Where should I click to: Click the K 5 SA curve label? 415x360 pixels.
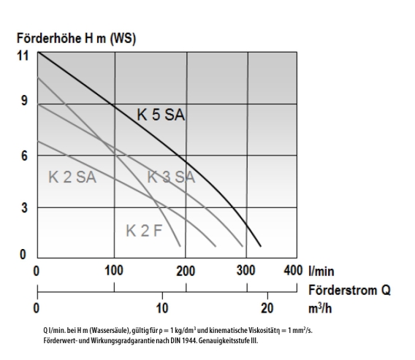[161, 115]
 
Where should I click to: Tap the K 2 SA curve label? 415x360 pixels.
[72, 177]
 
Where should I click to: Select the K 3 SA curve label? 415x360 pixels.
[171, 177]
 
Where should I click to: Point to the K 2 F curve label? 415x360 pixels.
[144, 231]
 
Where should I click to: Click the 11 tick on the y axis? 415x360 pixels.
[23, 55]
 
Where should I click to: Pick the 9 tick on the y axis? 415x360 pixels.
[24, 101]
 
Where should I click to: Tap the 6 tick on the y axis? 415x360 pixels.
[24, 156]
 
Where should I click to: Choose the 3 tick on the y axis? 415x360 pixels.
[24, 207]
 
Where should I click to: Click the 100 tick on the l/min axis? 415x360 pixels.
[114, 271]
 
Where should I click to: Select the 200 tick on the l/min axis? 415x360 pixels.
[186, 271]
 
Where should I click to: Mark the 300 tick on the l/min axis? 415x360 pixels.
[246, 271]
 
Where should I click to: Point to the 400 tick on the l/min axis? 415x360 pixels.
[293, 271]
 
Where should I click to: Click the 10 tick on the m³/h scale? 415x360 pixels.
[162, 308]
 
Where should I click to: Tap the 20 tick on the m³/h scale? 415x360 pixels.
[267, 308]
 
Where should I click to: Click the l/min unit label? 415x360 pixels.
[321, 272]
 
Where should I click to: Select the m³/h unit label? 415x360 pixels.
[320, 308]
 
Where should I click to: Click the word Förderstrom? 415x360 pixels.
[343, 290]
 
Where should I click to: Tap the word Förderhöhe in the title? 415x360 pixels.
[49, 38]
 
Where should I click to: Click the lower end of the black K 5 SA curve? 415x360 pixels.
[261, 246]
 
